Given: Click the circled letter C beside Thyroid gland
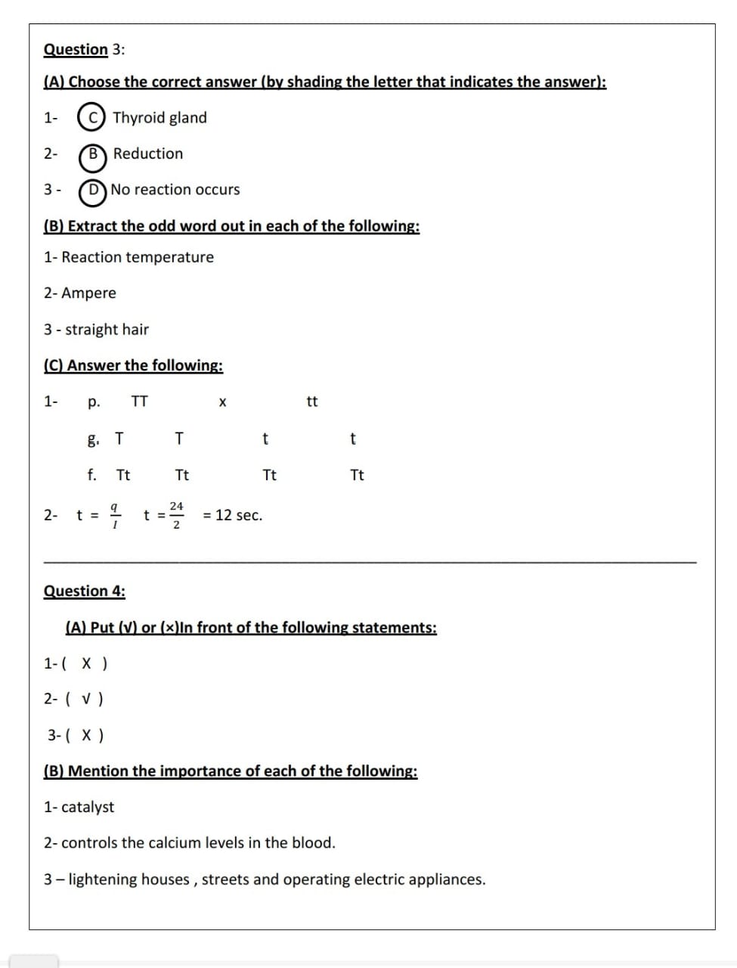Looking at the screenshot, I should point(91,118).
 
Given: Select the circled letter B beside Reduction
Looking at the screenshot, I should point(93,154).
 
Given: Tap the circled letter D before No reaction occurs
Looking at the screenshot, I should point(93,191).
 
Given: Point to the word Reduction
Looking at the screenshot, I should point(148,154).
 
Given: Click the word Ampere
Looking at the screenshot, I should point(89,293).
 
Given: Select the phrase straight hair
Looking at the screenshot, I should point(107,330).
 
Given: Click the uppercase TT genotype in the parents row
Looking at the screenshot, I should point(140,402).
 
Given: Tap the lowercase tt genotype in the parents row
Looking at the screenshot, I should point(312,402).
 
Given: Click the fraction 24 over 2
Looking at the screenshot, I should point(176,515).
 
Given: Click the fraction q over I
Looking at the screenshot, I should point(113,515).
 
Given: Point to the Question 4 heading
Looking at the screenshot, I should point(85,591).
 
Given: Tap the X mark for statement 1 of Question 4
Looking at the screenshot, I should point(88,664).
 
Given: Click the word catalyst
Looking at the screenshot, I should point(88,808).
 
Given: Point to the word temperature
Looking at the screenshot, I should point(169,258).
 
